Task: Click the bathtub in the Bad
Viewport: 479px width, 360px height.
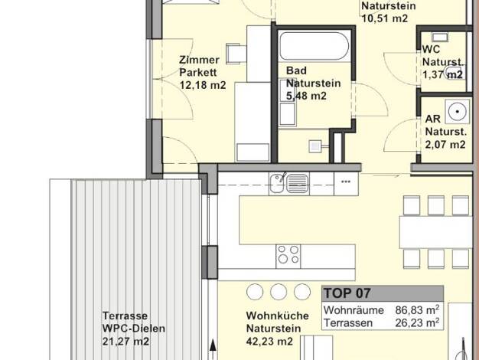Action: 314,46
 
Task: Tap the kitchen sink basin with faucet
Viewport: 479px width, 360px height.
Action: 277,183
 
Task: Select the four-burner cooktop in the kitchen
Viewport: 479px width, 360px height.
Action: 288,257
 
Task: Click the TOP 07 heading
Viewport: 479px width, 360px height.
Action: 347,293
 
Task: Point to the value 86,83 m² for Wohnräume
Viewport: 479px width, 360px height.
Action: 417,310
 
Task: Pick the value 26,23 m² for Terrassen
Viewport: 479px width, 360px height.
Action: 417,322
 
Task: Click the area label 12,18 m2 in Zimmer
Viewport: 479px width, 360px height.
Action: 203,85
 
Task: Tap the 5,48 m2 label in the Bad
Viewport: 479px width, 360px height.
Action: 306,96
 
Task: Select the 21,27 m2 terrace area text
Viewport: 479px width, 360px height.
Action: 125,341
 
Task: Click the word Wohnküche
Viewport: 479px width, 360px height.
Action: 278,316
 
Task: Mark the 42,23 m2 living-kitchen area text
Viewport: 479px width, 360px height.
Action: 269,341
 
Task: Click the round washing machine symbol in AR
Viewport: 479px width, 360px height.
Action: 457,112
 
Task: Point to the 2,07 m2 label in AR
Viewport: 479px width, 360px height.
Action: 445,144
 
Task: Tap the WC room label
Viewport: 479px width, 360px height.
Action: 431,49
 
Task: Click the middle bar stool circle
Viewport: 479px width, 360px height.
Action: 279,292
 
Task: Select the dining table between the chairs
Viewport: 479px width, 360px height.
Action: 436,231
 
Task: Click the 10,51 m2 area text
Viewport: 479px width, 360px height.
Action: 385,18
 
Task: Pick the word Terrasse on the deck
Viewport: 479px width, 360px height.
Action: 125,316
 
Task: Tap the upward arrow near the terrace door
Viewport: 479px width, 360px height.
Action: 213,349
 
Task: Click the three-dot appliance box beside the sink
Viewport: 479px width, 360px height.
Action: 346,184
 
